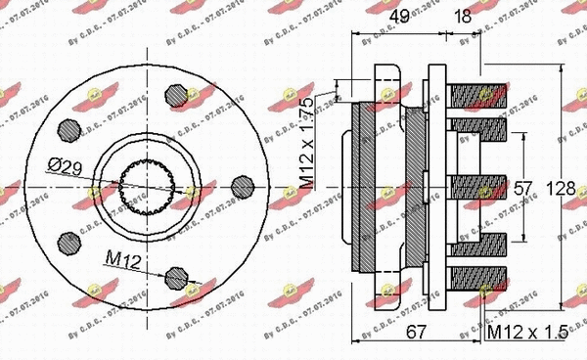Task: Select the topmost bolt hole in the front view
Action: pyautogui.click(x=176, y=94)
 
